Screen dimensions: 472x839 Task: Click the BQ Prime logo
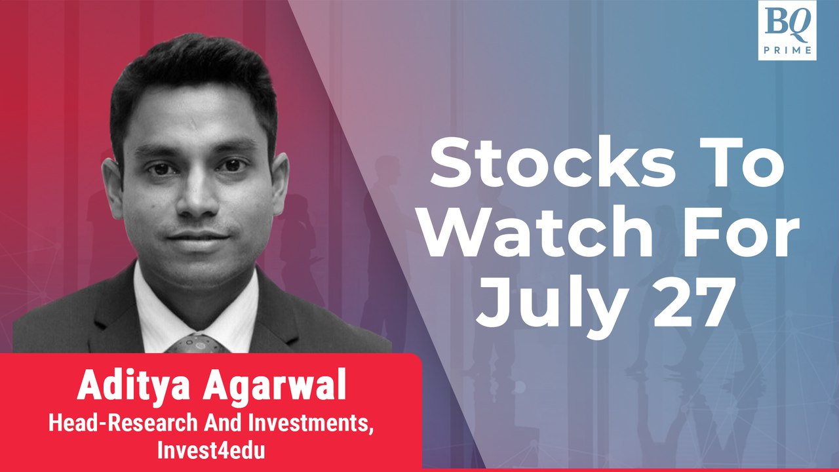787,31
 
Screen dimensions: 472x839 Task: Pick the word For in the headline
733,235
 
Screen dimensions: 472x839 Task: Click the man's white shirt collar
157,308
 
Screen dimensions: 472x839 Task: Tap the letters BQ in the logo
787,24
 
